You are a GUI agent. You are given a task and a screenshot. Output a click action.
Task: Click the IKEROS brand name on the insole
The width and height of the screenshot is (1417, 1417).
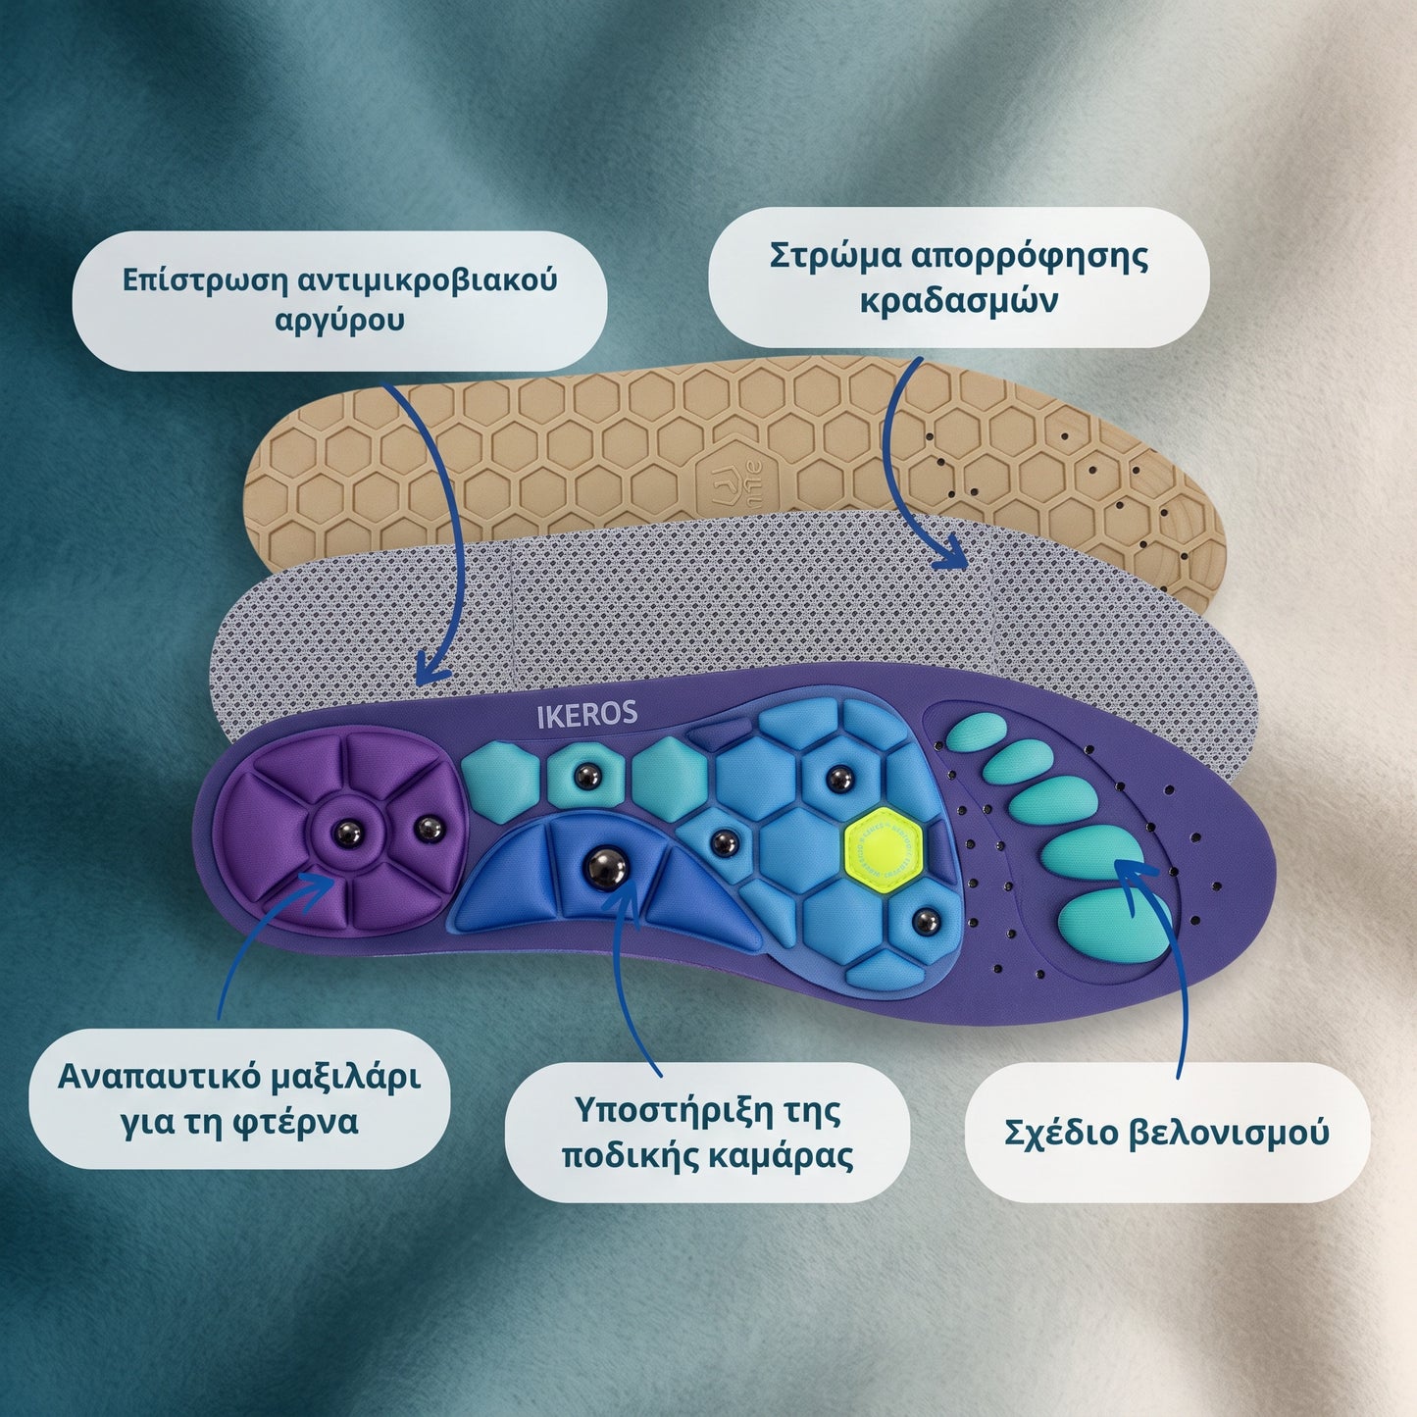point(586,716)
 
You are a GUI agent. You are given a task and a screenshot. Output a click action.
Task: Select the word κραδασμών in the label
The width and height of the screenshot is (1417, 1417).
point(959,301)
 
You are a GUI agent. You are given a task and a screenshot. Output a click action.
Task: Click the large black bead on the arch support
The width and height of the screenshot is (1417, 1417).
point(605,869)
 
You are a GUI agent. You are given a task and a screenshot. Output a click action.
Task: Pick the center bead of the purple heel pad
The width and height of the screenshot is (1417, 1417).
point(348,835)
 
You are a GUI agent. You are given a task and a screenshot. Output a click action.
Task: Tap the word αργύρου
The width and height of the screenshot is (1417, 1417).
point(339,322)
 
